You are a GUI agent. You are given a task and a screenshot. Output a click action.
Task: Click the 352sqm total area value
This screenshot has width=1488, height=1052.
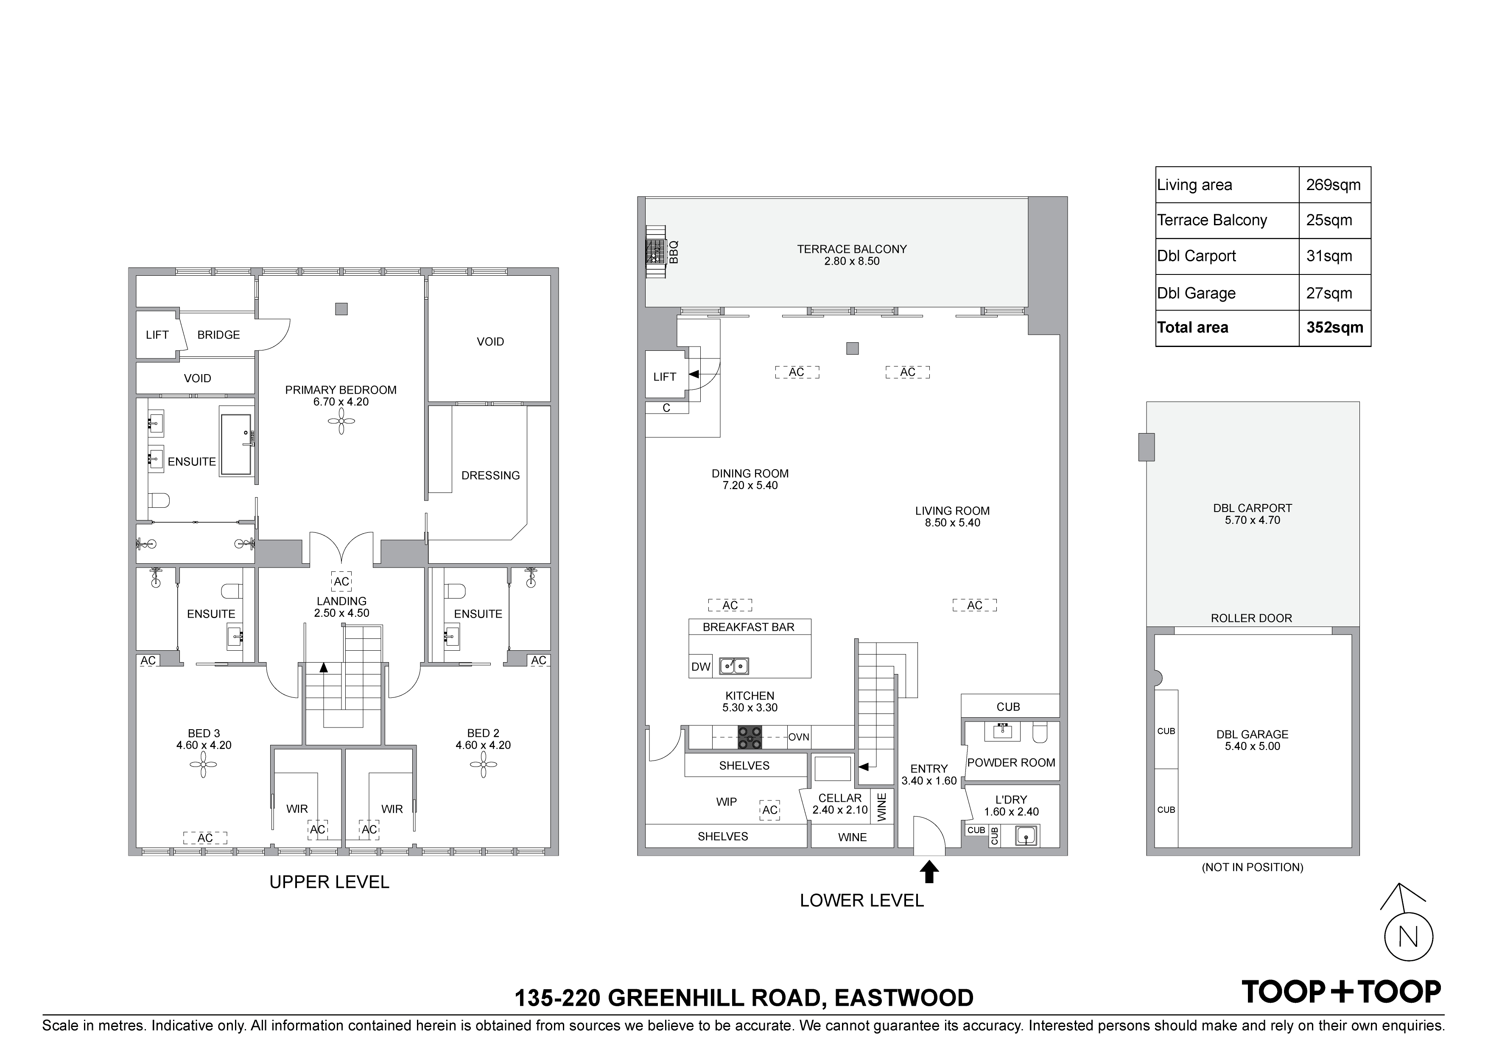[1334, 328]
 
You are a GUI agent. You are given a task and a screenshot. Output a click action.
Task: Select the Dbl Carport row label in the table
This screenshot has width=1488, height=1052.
[1196, 256]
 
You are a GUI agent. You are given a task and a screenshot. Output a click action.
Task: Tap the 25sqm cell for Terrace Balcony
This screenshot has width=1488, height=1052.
[1329, 221]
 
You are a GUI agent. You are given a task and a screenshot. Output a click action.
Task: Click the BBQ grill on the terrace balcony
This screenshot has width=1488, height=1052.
[656, 252]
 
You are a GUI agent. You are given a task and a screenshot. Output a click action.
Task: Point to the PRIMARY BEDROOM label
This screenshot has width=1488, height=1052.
[341, 389]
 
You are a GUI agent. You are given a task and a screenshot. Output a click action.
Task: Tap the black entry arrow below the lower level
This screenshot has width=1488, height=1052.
[929, 871]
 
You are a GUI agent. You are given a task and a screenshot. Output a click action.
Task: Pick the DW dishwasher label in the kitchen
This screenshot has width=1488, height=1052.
[701, 666]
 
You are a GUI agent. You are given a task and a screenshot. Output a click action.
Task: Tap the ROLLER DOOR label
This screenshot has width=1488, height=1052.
[1251, 618]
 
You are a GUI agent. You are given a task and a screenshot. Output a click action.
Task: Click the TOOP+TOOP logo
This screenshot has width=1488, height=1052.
[1341, 992]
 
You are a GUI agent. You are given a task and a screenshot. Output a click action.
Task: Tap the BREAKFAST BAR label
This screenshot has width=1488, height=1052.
[749, 627]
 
